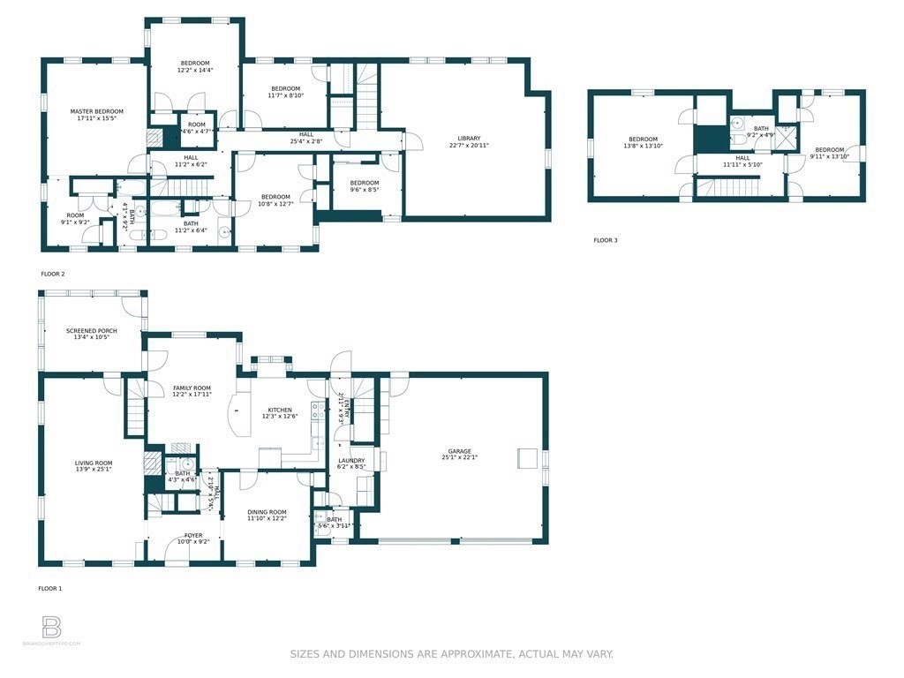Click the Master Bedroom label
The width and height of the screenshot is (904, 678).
pos(97,111)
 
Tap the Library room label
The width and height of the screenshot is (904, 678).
pos(469,139)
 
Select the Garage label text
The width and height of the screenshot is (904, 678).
pos(458,450)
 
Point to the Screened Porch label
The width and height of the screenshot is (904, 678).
pos(92,331)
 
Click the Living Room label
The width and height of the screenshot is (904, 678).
pos(93,463)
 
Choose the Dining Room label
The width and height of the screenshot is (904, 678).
pos(267,512)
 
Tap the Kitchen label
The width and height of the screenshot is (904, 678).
pos(280,411)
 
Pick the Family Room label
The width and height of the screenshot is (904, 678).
pos(192,388)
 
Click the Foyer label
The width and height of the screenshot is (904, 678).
pos(193,535)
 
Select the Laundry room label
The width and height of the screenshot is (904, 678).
pos(350,460)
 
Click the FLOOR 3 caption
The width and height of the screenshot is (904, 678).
pos(606,240)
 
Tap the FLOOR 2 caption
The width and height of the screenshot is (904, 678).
pos(53,274)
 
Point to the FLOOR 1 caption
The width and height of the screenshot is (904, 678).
pos(50,588)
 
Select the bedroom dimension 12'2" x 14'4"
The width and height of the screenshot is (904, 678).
pos(195,70)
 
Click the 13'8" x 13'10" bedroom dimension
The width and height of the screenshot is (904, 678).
pos(643,146)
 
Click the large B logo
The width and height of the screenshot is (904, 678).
pos(52,628)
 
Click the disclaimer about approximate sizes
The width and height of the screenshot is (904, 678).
pos(451,654)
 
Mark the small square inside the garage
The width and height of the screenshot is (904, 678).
pos(525,456)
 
